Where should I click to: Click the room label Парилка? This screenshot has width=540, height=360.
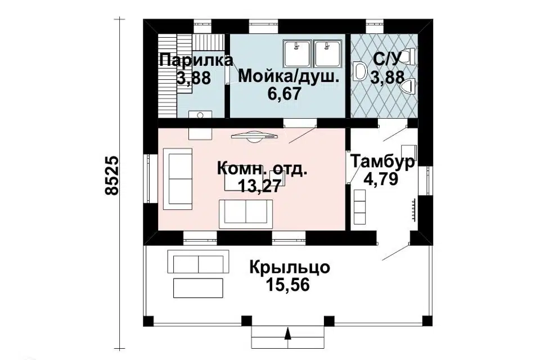click(195, 60)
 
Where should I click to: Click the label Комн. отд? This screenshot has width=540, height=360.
click(262, 169)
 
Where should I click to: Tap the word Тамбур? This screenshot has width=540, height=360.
click(383, 162)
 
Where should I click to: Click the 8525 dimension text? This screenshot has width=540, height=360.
click(112, 175)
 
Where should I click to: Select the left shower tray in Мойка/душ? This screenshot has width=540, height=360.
click(296, 53)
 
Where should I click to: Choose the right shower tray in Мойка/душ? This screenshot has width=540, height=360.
click(327, 53)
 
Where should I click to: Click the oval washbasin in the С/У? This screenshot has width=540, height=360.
click(361, 71)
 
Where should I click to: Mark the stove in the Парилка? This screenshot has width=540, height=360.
click(200, 114)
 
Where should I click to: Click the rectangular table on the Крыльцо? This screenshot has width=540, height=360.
click(199, 287)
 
